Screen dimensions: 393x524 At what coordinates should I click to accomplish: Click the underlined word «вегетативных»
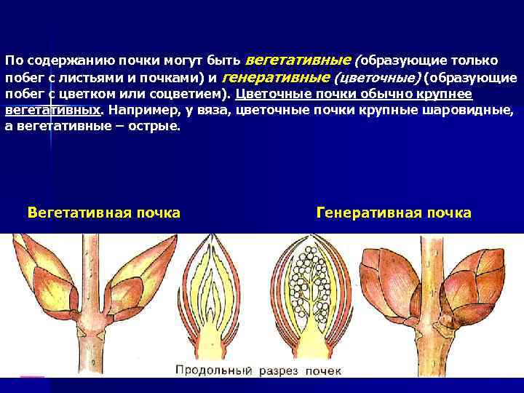pyautogui.click(x=52, y=111)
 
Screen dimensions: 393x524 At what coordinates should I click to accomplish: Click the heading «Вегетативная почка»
pyautogui.click(x=103, y=213)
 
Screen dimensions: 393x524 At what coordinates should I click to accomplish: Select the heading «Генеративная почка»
pyautogui.click(x=394, y=213)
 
